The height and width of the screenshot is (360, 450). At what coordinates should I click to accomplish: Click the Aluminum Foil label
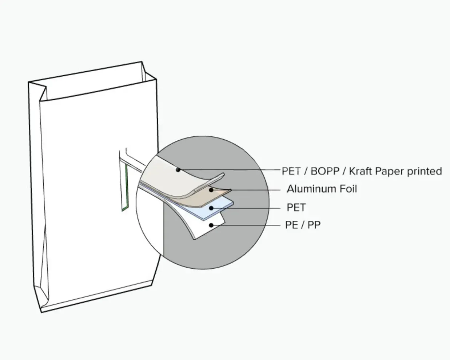322,189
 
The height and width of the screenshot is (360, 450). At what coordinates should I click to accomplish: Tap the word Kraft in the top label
360,171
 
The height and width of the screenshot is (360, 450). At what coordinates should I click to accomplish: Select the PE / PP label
303,225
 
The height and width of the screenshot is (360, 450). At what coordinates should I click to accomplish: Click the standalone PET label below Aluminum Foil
296,208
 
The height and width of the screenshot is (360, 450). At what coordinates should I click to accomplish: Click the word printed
424,171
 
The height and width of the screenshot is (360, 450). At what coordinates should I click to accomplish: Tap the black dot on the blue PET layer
211,208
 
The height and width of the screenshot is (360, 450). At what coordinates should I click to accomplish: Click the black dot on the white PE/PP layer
211,225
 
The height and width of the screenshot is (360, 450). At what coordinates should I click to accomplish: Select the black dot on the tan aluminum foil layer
211,190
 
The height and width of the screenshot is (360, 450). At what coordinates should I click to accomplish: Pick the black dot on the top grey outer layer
178,169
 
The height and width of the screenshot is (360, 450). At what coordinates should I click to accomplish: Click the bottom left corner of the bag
42,312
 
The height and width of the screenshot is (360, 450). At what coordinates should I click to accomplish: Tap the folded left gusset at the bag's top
39,91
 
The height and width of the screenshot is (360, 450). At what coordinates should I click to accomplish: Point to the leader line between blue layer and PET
251,208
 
